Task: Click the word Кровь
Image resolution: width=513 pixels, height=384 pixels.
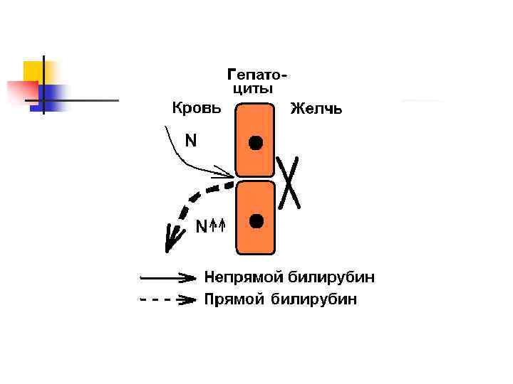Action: point(197,108)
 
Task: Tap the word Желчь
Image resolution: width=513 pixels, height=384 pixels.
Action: point(316,109)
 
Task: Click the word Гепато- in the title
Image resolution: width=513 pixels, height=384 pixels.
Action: point(257,75)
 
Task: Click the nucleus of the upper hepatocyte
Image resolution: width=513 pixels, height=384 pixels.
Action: point(256,142)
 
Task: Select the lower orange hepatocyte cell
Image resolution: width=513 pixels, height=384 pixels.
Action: point(255,235)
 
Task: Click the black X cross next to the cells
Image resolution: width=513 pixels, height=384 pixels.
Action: point(288,181)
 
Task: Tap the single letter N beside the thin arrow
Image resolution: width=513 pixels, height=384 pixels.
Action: point(191,142)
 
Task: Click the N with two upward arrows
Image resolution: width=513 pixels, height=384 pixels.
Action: point(211,227)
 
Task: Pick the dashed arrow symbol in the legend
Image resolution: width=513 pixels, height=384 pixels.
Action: point(168,300)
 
